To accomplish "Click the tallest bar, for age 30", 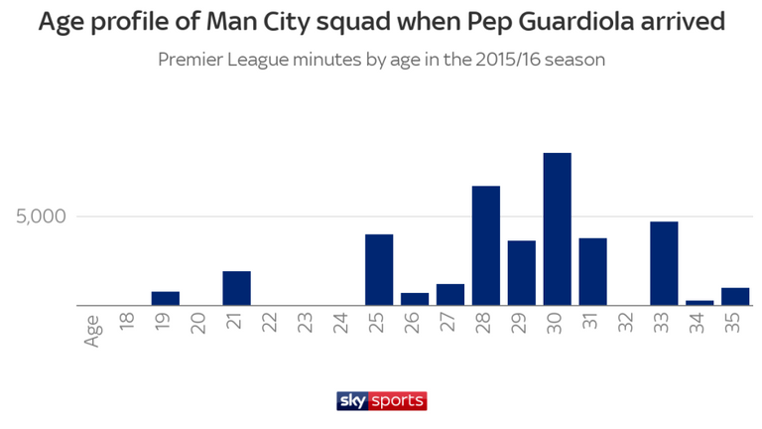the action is tap(557, 229).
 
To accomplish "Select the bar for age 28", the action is tap(486, 245).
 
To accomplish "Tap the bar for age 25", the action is tap(379, 270).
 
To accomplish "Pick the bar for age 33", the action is tap(664, 263).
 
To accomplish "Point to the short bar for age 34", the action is tap(699, 303).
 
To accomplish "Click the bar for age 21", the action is tap(237, 288).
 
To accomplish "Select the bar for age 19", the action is tap(166, 299).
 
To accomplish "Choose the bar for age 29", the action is tap(522, 273).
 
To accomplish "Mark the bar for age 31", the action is tap(593, 272).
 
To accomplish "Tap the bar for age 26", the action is tap(415, 299).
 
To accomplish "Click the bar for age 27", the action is tap(450, 295).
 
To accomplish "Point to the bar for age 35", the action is tap(735, 297).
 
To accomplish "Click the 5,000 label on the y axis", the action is tap(41, 216).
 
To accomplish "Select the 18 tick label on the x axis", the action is tap(127, 323).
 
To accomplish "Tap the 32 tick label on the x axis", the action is tap(625, 323).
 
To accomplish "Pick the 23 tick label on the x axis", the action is tap(305, 323).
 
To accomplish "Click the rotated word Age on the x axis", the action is tap(92, 331).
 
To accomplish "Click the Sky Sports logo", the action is tap(381, 401).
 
